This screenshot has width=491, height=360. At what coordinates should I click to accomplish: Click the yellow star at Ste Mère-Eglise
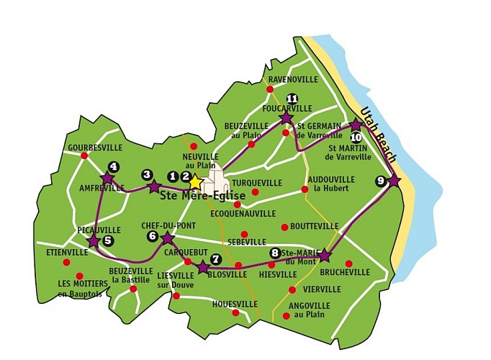pos(195,182)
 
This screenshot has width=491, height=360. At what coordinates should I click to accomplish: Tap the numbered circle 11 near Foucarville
pos(292,99)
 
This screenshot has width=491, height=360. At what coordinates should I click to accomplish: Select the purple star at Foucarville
pos(286,117)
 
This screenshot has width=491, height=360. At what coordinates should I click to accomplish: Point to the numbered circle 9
pos(380,181)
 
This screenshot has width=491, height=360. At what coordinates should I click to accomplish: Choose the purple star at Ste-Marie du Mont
pos(324,255)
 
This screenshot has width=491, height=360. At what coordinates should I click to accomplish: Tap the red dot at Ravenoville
pos(269,89)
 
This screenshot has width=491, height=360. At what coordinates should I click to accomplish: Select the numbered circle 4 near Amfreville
pos(113,166)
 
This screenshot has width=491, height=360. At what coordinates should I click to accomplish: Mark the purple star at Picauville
pos(93,241)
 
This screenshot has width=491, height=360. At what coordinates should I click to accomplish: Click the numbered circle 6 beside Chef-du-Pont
pos(152,235)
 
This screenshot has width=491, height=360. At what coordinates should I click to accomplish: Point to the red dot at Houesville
pos(235,312)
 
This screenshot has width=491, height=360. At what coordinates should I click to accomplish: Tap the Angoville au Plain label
pos(309,310)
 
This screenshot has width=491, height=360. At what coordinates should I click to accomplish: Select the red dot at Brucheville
pos(349,263)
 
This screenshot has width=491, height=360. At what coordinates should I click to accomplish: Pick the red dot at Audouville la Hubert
pos(305,189)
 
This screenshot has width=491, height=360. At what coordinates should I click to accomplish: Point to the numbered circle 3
pos(147,174)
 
